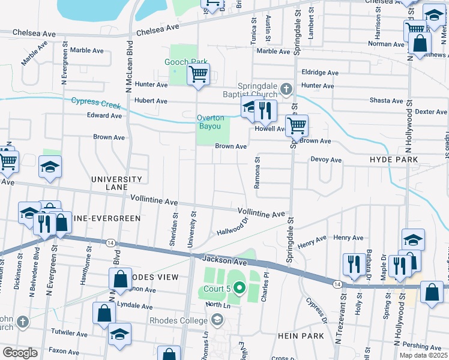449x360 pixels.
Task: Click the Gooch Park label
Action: pos(186,62)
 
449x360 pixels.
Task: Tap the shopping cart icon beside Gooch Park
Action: pos(198,76)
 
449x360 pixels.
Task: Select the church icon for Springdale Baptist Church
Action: pos(286,90)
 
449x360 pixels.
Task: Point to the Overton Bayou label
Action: pos(209,122)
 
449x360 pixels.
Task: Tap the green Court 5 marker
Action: pos(239,289)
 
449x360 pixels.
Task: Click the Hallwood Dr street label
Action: pos(232,227)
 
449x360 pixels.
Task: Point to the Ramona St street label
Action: pos(256,173)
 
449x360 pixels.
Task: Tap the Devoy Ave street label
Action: pos(326,160)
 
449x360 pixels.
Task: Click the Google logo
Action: pos(20,353)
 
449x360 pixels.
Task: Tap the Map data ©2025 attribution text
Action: pos(424,355)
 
